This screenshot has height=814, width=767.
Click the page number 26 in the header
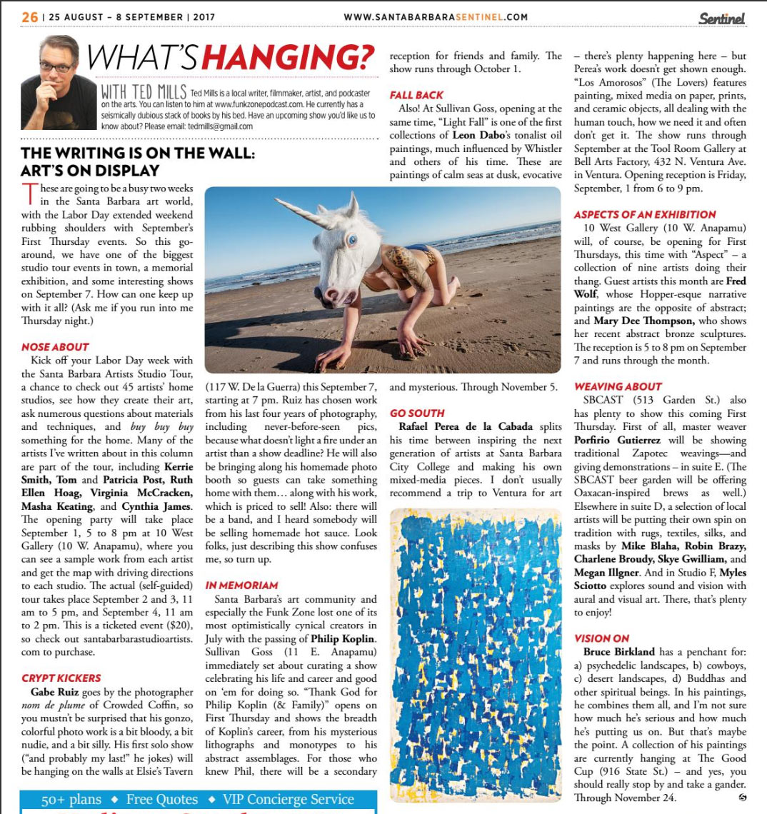pos(29,16)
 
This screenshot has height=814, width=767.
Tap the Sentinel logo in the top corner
pos(721,18)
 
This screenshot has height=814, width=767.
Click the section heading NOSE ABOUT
pos(55,347)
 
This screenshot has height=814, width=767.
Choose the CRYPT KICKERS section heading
pos(61,678)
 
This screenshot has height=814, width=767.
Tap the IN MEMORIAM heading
pos(241,585)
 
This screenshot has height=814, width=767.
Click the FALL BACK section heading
pos(416,95)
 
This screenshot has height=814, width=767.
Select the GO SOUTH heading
pos(417,413)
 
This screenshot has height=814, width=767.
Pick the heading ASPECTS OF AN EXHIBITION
pos(645,214)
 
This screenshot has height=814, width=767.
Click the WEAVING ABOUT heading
pos(618,386)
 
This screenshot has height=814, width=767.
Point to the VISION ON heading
pos(602,638)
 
